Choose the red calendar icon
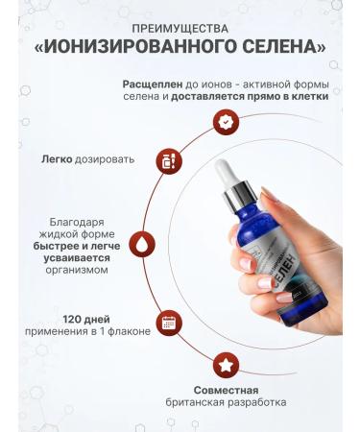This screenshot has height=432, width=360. pos(168,323)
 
